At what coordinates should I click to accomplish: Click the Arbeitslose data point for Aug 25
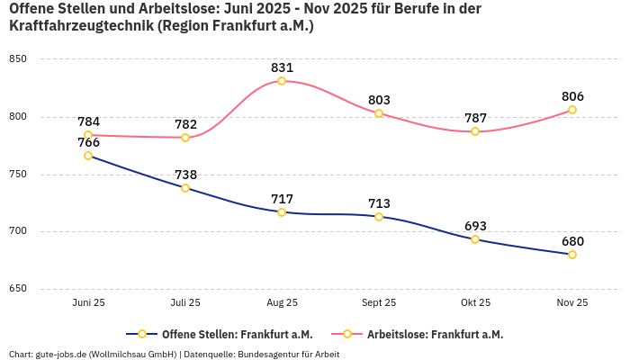tap(282, 81)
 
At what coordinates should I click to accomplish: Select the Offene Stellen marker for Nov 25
tap(571, 255)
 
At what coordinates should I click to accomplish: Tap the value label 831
tap(282, 67)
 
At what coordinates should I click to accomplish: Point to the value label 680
tap(572, 241)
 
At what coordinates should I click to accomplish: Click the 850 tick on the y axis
tap(18, 59)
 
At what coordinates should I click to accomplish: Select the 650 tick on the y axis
tap(18, 289)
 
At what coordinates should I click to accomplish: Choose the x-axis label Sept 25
tap(378, 303)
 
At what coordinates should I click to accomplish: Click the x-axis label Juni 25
tap(88, 303)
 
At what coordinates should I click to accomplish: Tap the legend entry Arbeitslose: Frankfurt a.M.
tap(435, 334)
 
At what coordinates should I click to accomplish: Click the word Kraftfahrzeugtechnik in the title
tap(81, 26)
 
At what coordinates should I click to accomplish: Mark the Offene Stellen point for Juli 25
tap(185, 188)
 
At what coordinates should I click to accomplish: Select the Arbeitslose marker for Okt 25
tap(475, 131)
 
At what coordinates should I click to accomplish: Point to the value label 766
tap(88, 142)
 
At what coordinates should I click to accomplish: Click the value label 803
tap(379, 100)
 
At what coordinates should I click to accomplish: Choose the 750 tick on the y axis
tap(18, 175)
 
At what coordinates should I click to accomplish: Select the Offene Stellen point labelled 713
tap(379, 217)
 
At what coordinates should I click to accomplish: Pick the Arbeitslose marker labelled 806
tap(571, 110)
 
